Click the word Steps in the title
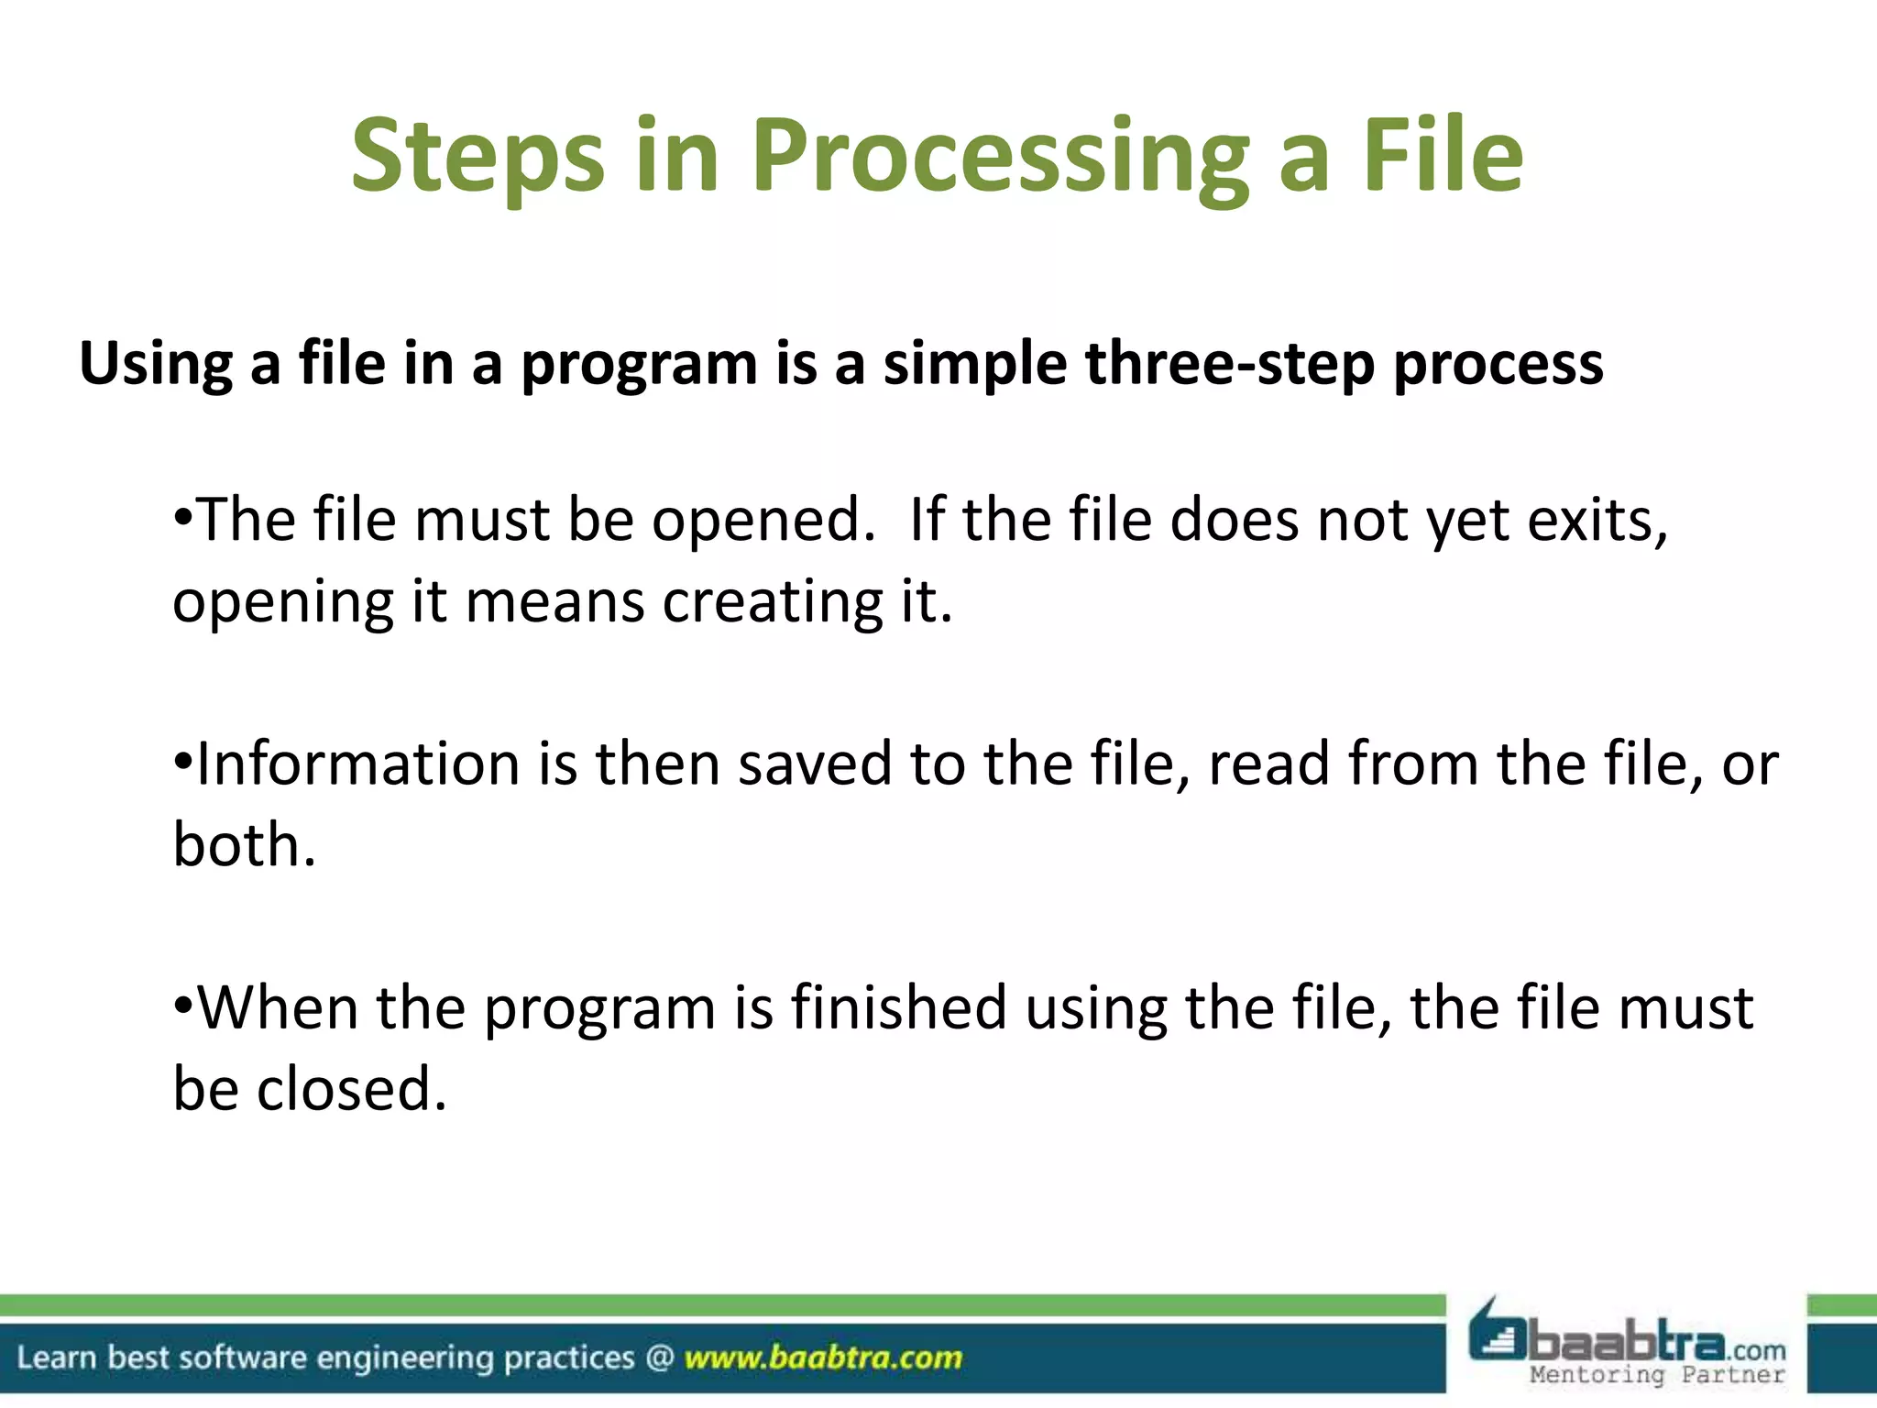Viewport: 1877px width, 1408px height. tap(477, 156)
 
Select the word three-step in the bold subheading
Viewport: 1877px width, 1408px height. tap(1229, 364)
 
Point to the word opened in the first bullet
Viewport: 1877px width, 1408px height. tap(763, 520)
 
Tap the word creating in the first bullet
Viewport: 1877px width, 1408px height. tap(772, 601)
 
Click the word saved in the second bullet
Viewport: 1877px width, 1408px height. tap(814, 764)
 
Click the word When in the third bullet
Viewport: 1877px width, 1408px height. tap(278, 1007)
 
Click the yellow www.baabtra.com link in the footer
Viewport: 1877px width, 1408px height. tap(823, 1358)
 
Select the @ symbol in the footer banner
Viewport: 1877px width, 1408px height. tap(659, 1358)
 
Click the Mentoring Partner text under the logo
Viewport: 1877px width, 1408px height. tap(1657, 1375)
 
